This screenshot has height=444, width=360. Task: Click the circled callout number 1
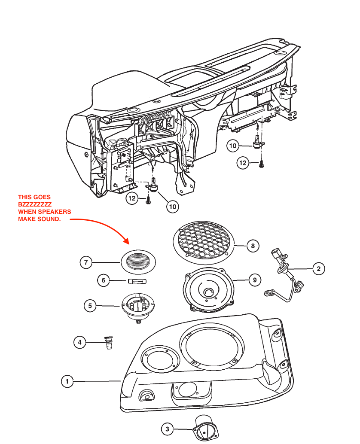pos(67,380)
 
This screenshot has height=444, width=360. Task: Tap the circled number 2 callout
pos(318,269)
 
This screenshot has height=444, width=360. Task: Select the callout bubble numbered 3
pos(167,429)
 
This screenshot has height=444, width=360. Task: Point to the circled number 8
pos(253,246)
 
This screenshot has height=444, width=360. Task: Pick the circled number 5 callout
pos(90,306)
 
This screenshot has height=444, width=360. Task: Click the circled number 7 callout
pos(86,262)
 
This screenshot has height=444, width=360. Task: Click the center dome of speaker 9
pos(209,292)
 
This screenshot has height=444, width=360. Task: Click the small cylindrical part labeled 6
pos(137,282)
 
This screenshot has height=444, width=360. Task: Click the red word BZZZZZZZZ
pos(35,204)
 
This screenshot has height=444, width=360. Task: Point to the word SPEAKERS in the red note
pos(55,212)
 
